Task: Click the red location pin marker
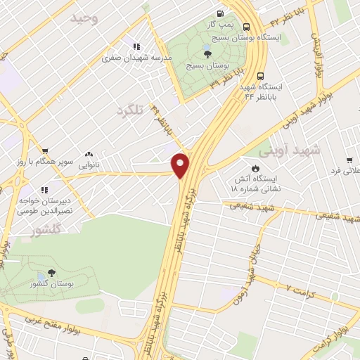(181, 165)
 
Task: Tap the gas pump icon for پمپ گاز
(221, 13)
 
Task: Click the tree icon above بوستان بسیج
(207, 54)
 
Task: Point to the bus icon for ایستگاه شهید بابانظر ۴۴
(261, 77)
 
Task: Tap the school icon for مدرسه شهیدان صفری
(136, 47)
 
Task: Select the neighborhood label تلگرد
(134, 110)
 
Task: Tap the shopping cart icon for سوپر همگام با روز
(45, 150)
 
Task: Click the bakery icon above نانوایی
(89, 154)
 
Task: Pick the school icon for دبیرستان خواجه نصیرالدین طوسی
(44, 190)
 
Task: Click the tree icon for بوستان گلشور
(51, 274)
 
